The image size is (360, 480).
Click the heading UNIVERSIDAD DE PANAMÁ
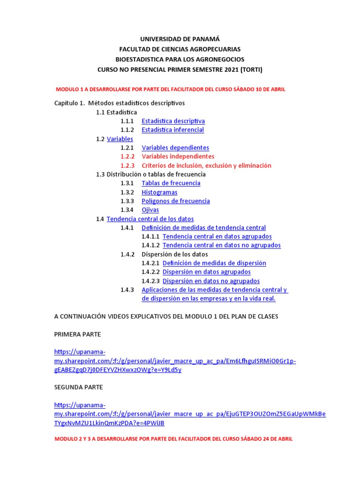(x=180, y=39)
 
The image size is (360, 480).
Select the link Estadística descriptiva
(x=173, y=121)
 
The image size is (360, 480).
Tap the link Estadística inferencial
(x=172, y=130)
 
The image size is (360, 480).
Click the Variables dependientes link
(x=175, y=148)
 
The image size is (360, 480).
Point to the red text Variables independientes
(x=178, y=157)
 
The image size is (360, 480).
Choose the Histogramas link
(x=159, y=192)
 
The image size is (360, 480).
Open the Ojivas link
(x=150, y=210)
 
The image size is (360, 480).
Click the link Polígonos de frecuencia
(x=175, y=201)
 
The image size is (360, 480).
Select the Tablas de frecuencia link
(x=171, y=183)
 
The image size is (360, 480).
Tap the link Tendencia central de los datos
(x=150, y=219)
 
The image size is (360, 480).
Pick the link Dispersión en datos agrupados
(x=206, y=272)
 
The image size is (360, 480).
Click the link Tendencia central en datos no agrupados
(x=221, y=245)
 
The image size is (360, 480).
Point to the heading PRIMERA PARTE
(x=77, y=334)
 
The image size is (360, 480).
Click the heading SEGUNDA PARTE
(x=78, y=387)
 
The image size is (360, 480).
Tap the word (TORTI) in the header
(x=251, y=70)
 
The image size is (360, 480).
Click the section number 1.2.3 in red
(x=127, y=165)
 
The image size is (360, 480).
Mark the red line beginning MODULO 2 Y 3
(x=173, y=439)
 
